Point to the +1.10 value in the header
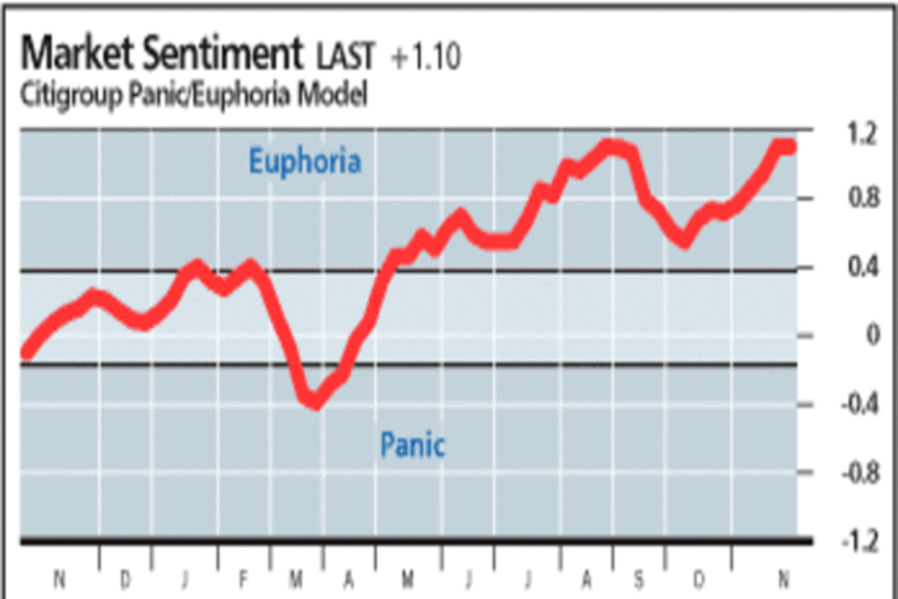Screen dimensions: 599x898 tap(425, 58)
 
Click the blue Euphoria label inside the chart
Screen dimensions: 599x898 tap(305, 162)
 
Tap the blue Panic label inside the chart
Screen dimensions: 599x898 tap(412, 446)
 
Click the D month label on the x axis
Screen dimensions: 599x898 tap(125, 578)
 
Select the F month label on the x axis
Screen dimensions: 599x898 tap(243, 578)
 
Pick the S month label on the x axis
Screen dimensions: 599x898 tap(638, 578)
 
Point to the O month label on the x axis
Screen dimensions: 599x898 tap(698, 578)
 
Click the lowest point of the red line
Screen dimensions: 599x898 tap(316, 404)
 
